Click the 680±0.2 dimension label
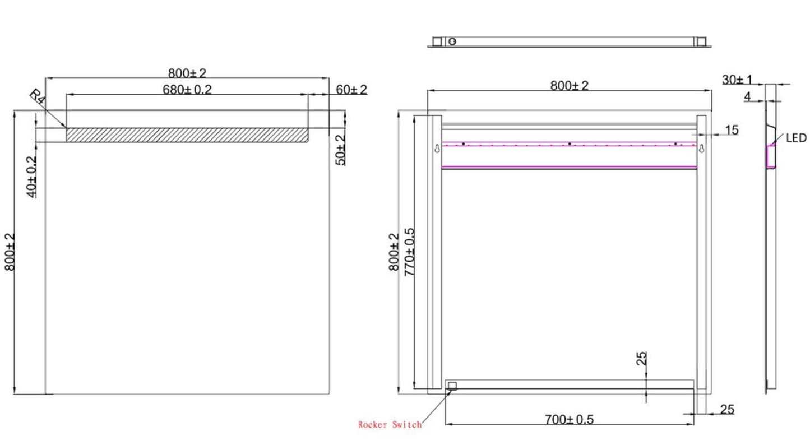(x=187, y=89)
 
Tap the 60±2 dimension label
(x=351, y=90)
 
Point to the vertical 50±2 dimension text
(x=340, y=150)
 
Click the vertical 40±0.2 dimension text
(x=32, y=176)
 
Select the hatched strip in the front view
(x=187, y=135)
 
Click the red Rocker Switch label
(x=390, y=425)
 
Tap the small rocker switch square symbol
(x=452, y=385)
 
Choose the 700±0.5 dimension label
(x=569, y=419)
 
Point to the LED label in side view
(x=795, y=138)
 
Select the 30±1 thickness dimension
(x=737, y=80)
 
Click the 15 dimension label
(x=732, y=131)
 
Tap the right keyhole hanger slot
(x=701, y=149)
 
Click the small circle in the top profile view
(x=452, y=41)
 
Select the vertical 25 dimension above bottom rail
(x=642, y=358)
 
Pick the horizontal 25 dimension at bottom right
(x=726, y=410)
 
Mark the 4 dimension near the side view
(x=747, y=97)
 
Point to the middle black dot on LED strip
(x=570, y=144)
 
